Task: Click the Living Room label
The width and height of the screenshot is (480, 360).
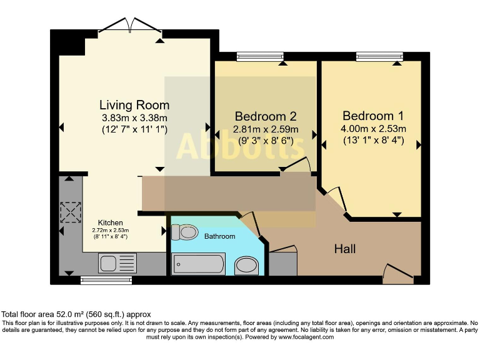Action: [x=134, y=104]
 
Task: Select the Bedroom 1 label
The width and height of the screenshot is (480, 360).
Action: [x=372, y=116]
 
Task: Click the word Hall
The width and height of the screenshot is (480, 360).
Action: [x=344, y=249]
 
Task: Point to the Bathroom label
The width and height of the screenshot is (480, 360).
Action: [x=219, y=236]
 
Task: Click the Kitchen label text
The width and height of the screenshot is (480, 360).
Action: [x=110, y=222]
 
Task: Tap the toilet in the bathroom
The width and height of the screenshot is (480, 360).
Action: [x=185, y=232]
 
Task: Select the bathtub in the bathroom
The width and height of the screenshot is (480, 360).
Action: [x=198, y=264]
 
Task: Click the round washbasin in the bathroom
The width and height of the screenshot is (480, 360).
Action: [x=246, y=267]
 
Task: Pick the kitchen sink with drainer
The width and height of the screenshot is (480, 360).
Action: [x=117, y=263]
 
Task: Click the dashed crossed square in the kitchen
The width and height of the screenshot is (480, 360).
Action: [x=70, y=212]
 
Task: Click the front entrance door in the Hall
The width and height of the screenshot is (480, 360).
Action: [x=397, y=274]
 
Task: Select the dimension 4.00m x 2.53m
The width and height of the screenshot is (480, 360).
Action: [x=374, y=129]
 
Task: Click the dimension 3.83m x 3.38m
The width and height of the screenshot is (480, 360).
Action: [x=134, y=117]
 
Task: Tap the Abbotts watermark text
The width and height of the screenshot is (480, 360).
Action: [x=241, y=147]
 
